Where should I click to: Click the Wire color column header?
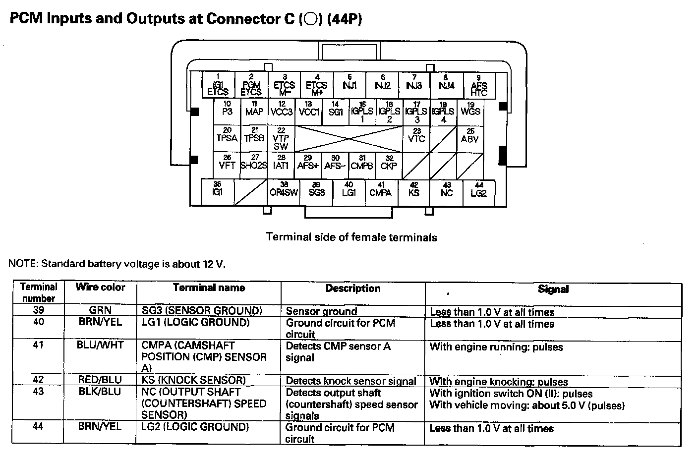(x=100, y=287)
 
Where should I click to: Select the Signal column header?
(x=553, y=289)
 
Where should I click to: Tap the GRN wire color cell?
(x=100, y=311)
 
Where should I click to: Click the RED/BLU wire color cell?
(x=100, y=380)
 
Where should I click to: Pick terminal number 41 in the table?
(x=38, y=345)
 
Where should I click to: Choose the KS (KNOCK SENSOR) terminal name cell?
(x=194, y=381)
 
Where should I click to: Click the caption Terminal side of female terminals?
(x=351, y=237)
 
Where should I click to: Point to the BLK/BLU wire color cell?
(x=100, y=392)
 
